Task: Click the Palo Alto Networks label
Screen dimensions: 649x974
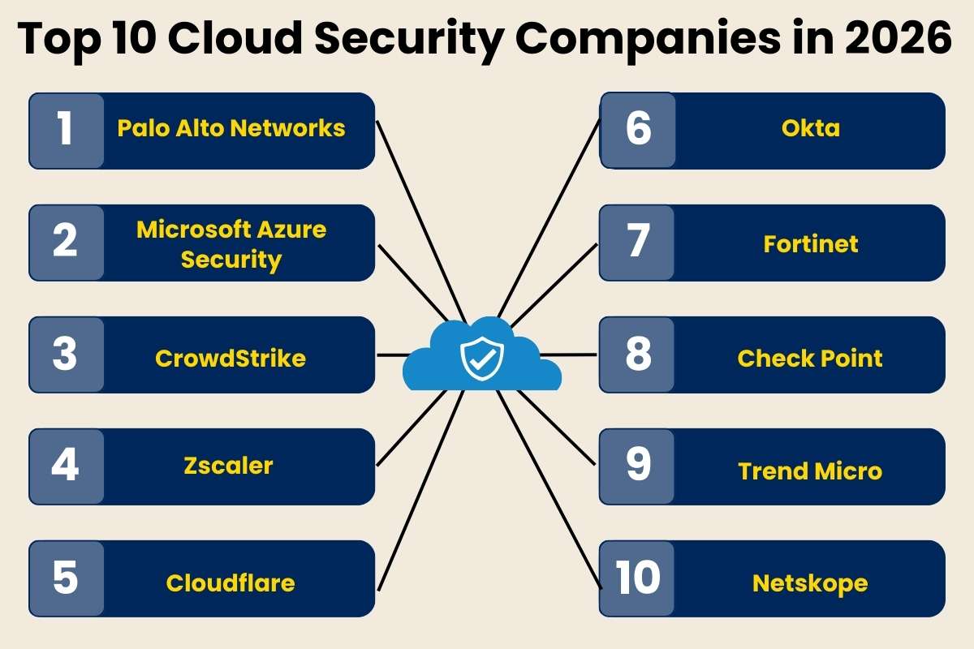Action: pos(231,128)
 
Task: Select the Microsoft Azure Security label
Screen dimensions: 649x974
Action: pos(231,244)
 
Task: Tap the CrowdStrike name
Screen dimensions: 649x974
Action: pos(231,358)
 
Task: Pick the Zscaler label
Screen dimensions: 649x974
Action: pos(227,466)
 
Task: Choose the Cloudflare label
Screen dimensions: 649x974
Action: pos(231,582)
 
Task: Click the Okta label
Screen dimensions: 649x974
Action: pos(810,128)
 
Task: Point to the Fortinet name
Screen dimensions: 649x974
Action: pos(810,244)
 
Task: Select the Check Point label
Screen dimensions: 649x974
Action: pos(810,358)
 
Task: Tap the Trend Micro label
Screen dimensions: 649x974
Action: pos(810,471)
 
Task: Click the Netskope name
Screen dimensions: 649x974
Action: pos(810,582)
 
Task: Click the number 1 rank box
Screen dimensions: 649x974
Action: pos(67,131)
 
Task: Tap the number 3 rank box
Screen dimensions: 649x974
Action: pos(67,355)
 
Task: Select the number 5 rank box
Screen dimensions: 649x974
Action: pos(67,579)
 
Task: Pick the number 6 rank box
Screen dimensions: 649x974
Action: pos(638,131)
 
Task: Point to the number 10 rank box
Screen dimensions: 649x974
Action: pos(638,579)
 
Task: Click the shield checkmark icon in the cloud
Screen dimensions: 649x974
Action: pos(482,358)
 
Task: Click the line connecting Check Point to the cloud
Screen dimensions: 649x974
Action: pos(568,355)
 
